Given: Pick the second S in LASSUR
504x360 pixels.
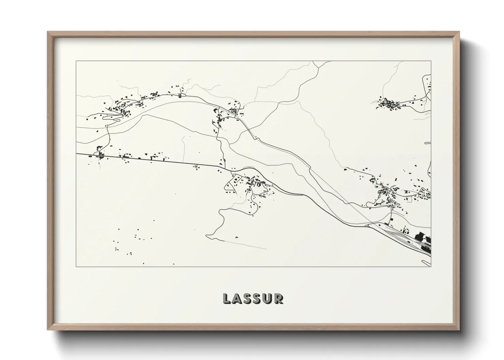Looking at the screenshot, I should click(257, 298).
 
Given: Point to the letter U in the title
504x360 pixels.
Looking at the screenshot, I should click(268, 298).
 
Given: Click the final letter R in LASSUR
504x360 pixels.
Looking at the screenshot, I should click(278, 298).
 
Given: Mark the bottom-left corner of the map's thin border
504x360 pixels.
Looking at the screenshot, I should click(76, 266).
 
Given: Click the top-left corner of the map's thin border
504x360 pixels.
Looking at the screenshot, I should click(76, 61).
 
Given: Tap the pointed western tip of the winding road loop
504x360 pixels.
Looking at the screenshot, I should click(207, 235).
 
